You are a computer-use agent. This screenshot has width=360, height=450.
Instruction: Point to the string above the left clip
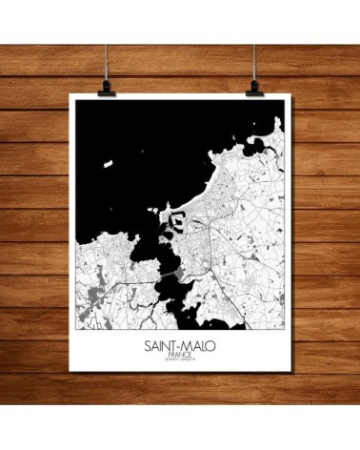coord(104,38)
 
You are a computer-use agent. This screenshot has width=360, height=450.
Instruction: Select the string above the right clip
coord(256,38)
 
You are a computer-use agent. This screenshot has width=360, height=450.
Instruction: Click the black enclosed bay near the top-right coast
coord(258,146)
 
